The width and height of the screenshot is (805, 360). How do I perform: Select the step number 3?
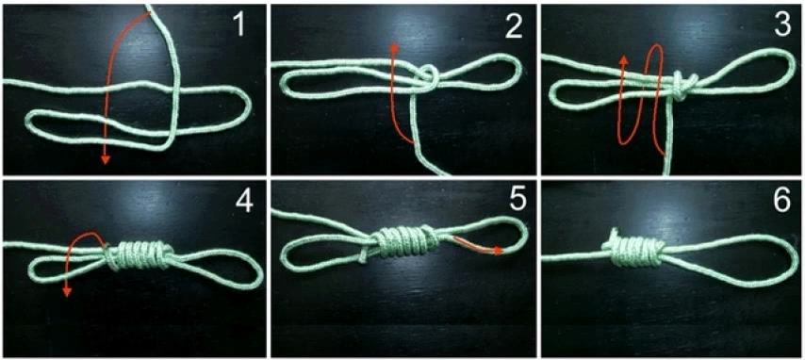[781, 25]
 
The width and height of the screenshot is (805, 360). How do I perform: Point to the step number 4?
[245, 202]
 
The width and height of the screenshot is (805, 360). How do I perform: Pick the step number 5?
[517, 201]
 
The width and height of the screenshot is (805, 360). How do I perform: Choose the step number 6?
[781, 202]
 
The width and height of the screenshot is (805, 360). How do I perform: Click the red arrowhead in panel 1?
[106, 159]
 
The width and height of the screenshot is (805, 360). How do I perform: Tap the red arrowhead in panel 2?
[394, 47]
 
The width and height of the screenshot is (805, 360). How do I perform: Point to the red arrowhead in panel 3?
[624, 59]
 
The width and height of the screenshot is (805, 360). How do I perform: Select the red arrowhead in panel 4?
[67, 292]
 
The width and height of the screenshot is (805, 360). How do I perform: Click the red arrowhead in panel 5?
[498, 251]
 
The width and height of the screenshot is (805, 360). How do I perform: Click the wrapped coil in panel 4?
[139, 255]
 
